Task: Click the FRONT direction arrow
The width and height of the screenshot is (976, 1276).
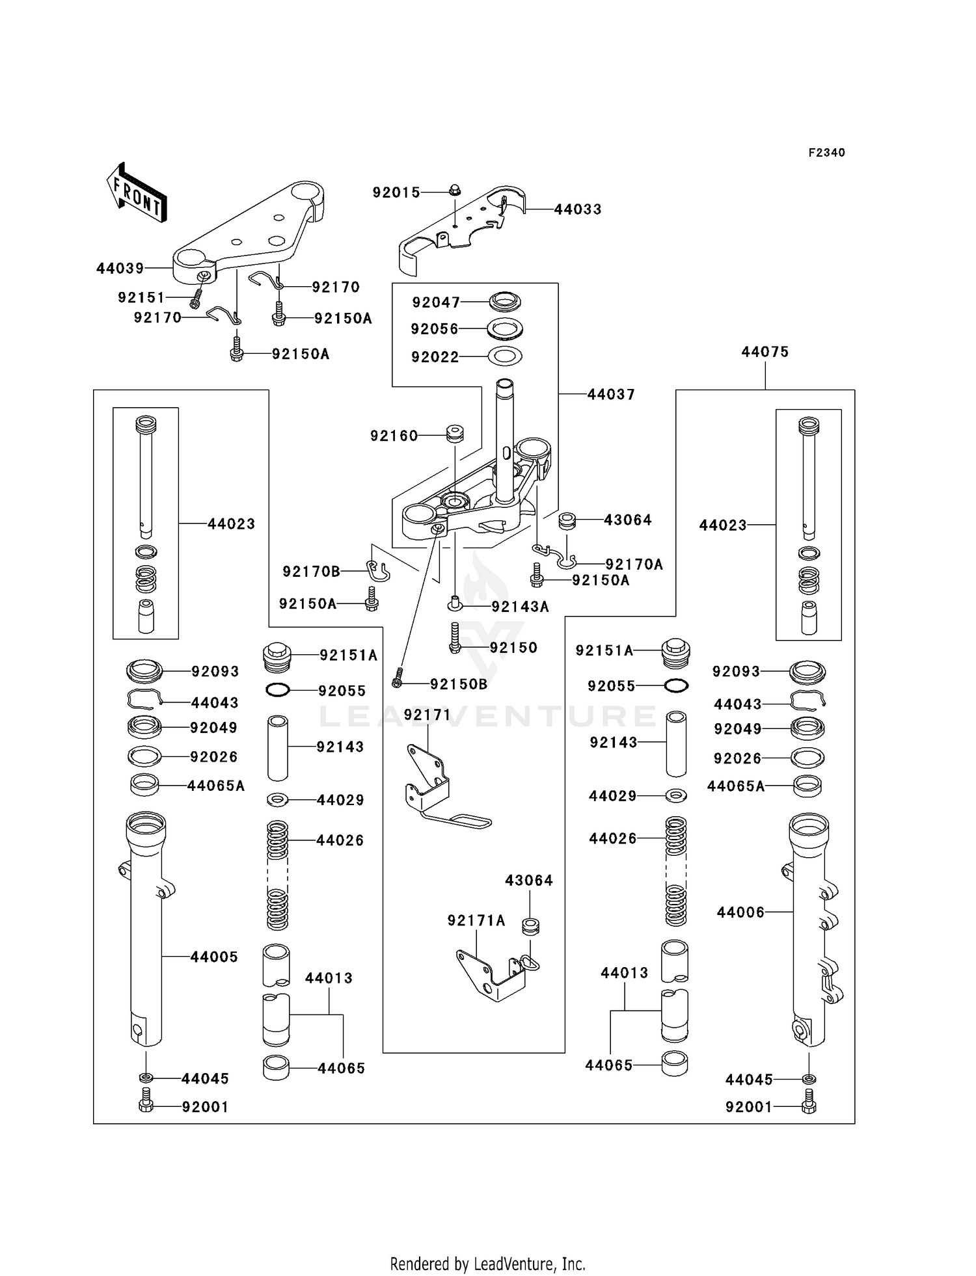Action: click(x=137, y=193)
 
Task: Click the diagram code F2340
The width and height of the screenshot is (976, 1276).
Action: click(x=826, y=153)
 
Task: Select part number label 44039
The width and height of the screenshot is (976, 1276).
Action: click(x=120, y=269)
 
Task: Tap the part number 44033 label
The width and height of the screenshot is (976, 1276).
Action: click(x=578, y=209)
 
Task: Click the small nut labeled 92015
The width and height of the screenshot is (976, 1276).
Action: click(x=454, y=191)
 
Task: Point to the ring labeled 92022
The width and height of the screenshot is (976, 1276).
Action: click(x=504, y=356)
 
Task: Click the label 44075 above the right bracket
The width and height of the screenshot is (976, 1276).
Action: click(x=765, y=352)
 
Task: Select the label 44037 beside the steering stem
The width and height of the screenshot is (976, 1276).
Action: click(x=611, y=394)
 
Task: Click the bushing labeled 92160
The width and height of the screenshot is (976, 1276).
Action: click(x=454, y=434)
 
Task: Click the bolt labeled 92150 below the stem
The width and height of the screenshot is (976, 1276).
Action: click(x=455, y=638)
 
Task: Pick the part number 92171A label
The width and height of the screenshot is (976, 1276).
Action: click(x=476, y=920)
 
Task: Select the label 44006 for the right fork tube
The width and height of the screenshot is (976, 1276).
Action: click(x=740, y=912)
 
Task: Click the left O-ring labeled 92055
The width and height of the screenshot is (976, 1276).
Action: click(x=278, y=690)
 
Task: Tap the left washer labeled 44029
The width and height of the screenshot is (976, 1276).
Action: click(x=278, y=799)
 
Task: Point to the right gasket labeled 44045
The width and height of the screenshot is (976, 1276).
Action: click(x=808, y=1079)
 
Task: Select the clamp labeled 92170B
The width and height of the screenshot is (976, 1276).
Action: click(x=377, y=571)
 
